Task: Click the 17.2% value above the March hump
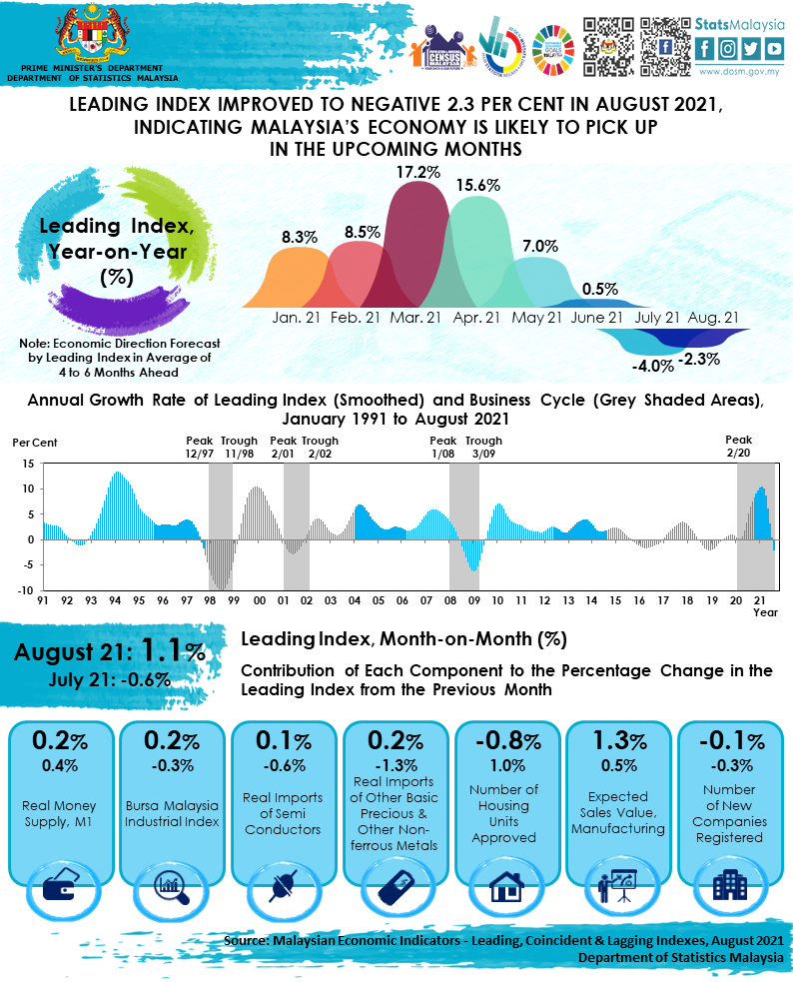pyautogui.click(x=417, y=172)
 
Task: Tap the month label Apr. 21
pyautogui.click(x=476, y=318)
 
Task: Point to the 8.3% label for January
pyautogui.click(x=299, y=237)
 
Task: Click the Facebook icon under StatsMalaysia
pyautogui.click(x=705, y=47)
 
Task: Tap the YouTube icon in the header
pyautogui.click(x=774, y=47)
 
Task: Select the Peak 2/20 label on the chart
pyautogui.click(x=738, y=446)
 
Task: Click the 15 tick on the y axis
pyautogui.click(x=28, y=464)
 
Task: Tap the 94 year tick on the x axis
pyautogui.click(x=115, y=602)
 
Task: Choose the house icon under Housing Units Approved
pyautogui.click(x=504, y=886)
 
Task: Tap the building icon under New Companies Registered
pyautogui.click(x=727, y=885)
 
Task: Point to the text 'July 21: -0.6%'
pyautogui.click(x=109, y=679)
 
